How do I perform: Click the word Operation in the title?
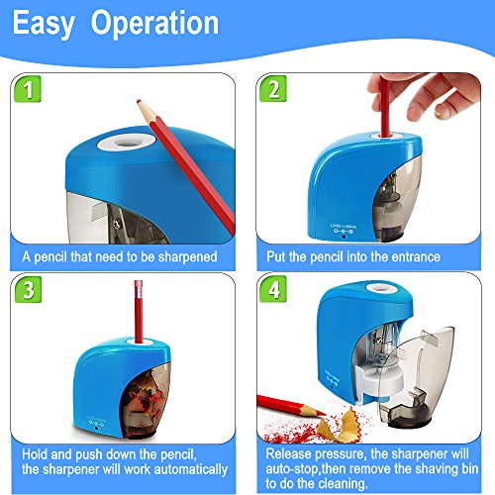coord(154,23)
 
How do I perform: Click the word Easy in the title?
coord(44,23)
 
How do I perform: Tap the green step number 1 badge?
coord(28,89)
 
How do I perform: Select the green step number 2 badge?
coord(273,89)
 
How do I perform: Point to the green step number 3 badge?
coord(28,289)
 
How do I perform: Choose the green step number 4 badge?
coord(273,289)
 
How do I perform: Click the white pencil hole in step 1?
coord(127,143)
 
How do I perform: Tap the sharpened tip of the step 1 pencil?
coord(139,101)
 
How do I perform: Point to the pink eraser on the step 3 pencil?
coord(139,288)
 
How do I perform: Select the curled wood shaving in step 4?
coord(339,426)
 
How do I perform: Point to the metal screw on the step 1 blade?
coord(116,225)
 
